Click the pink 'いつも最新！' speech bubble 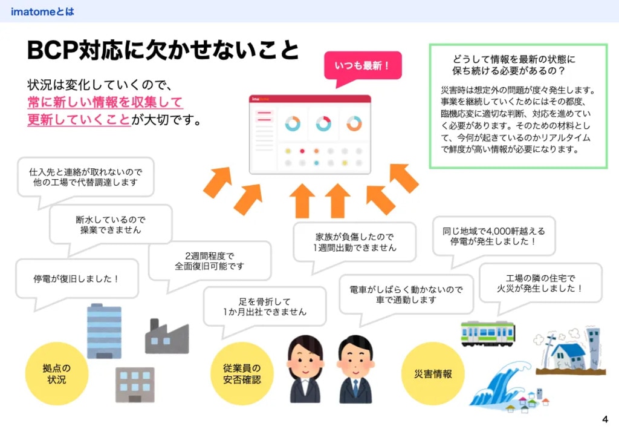pyautogui.click(x=363, y=65)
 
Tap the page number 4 pyautogui.click(x=605, y=419)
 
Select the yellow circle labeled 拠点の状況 pyautogui.click(x=57, y=373)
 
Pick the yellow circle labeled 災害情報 pyautogui.click(x=433, y=373)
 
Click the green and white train pyautogui.click(x=487, y=333)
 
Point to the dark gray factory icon pyautogui.click(x=166, y=337)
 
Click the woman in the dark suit pyautogui.click(x=305, y=370)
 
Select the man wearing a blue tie pyautogui.click(x=355, y=370)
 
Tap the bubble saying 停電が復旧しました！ pyautogui.click(x=77, y=279)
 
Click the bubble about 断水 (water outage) pyautogui.click(x=111, y=225)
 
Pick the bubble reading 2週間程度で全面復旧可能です pyautogui.click(x=210, y=261)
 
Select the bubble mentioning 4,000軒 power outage pyautogui.click(x=494, y=236)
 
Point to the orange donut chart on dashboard pyautogui.click(x=354, y=123)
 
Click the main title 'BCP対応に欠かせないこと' pyautogui.click(x=163, y=51)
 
